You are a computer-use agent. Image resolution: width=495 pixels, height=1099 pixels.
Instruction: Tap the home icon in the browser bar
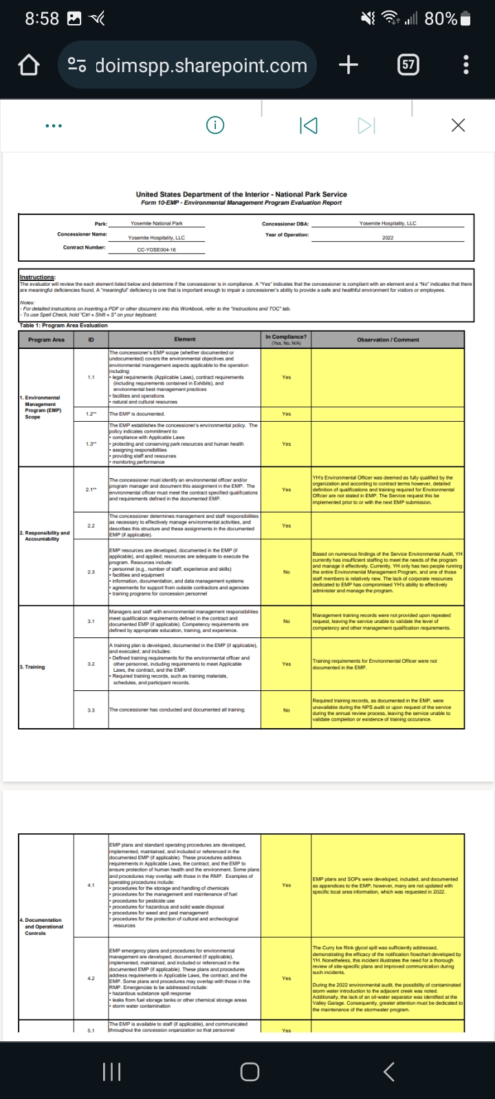27,66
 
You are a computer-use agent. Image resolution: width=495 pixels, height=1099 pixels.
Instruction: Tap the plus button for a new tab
349,65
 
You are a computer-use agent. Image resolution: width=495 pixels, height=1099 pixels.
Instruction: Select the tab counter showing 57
408,65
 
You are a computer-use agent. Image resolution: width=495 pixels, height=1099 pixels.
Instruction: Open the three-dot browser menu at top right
466,65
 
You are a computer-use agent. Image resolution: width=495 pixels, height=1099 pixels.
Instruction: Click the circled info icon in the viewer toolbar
215,125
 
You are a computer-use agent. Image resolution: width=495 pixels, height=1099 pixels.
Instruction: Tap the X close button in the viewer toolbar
458,125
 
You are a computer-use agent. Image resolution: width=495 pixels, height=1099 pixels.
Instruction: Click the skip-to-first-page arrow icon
309,125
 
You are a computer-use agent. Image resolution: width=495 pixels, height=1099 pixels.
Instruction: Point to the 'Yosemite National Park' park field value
157,223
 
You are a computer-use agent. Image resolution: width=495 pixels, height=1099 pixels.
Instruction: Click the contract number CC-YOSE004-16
156,249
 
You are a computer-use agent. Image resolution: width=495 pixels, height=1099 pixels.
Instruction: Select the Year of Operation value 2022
388,238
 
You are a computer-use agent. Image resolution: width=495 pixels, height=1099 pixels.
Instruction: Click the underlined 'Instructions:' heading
38,277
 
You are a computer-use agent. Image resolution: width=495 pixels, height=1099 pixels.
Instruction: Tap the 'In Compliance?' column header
286,339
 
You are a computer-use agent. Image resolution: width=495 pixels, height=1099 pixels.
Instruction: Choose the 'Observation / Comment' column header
388,339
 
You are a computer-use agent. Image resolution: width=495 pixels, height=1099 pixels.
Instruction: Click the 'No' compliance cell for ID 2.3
286,571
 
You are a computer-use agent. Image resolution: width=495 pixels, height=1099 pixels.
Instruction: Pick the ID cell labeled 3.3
91,710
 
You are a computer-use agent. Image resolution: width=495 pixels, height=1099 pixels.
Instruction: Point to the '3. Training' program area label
32,667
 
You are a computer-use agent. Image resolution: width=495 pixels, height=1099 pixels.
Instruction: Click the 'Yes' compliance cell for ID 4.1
286,885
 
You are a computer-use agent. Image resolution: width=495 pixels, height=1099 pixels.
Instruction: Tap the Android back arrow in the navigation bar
388,1071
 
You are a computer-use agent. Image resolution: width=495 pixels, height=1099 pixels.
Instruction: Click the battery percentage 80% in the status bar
441,19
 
